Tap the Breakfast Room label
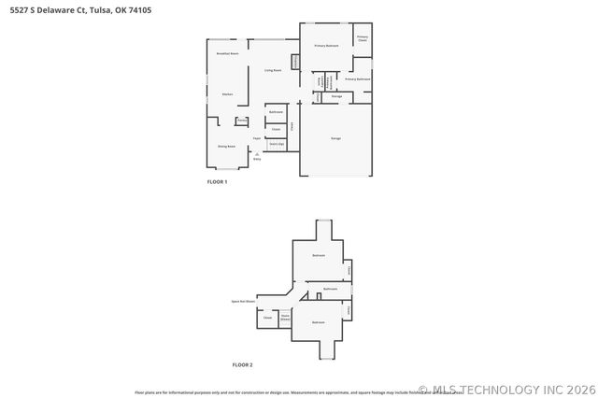(x=227, y=54)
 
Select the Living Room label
(x=273, y=70)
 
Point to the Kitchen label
(x=227, y=94)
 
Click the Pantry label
(x=241, y=121)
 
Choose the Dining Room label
(x=226, y=147)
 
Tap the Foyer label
(x=256, y=138)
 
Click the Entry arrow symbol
(x=257, y=152)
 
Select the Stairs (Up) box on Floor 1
(x=277, y=144)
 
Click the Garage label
(x=335, y=138)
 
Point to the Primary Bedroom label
(x=326, y=45)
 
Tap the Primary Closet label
(x=363, y=39)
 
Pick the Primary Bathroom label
(x=357, y=79)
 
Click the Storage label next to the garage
(x=336, y=96)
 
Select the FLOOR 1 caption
(x=217, y=181)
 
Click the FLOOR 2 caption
(x=242, y=364)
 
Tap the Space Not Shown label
(x=244, y=301)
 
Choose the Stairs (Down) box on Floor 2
(x=286, y=318)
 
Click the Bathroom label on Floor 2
(x=330, y=289)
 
